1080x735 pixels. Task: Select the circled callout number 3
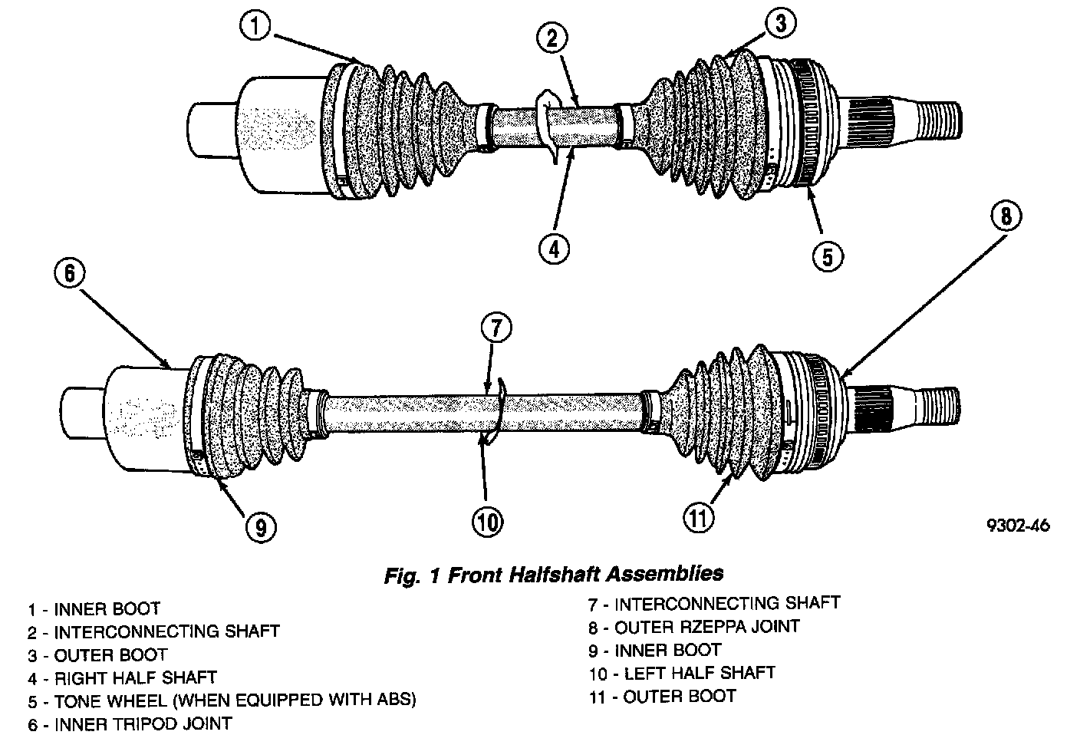pyautogui.click(x=780, y=24)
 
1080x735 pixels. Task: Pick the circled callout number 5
pyautogui.click(x=826, y=255)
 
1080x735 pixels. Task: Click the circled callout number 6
pyautogui.click(x=69, y=274)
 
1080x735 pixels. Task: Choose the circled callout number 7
pyautogui.click(x=496, y=328)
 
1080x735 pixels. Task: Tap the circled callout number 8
pyautogui.click(x=1006, y=216)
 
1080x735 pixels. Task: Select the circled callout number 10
pyautogui.click(x=486, y=522)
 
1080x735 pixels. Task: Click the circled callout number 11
pyautogui.click(x=699, y=517)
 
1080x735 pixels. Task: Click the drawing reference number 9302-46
pyautogui.click(x=1017, y=526)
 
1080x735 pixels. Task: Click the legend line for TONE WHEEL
pyautogui.click(x=222, y=700)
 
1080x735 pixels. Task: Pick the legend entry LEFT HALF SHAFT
pyautogui.click(x=682, y=674)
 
